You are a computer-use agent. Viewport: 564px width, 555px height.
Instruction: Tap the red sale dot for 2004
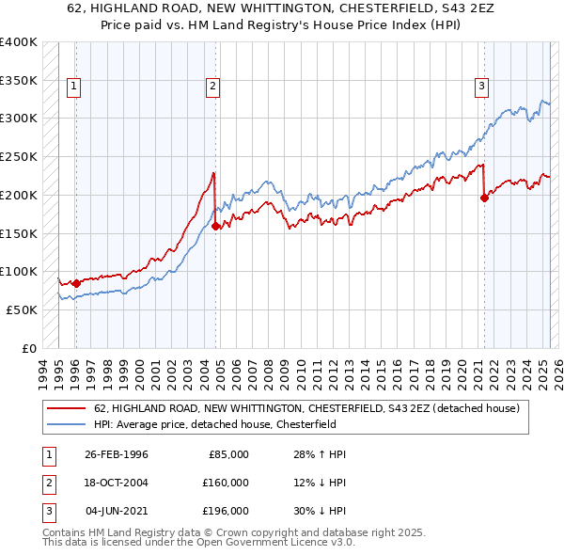(x=215, y=226)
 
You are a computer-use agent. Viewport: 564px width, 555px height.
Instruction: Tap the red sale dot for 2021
(x=485, y=198)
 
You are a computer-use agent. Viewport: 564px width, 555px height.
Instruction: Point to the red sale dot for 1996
(x=75, y=282)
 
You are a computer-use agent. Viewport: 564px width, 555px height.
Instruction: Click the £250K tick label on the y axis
(x=19, y=156)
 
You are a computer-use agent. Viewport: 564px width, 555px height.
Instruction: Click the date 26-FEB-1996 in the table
(x=116, y=454)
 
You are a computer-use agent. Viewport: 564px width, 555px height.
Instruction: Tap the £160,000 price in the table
(x=226, y=483)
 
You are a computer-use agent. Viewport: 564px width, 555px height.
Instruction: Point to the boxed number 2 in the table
(x=47, y=483)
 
